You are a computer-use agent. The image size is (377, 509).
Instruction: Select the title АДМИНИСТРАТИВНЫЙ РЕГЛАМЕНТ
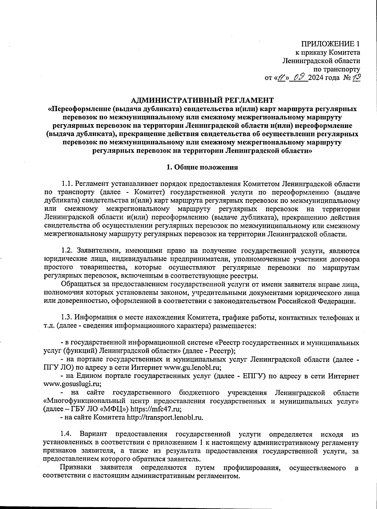(x=202, y=100)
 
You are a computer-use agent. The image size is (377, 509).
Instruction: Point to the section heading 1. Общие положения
(x=202, y=167)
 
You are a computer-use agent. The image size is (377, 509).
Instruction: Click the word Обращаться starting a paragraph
(x=80, y=284)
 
